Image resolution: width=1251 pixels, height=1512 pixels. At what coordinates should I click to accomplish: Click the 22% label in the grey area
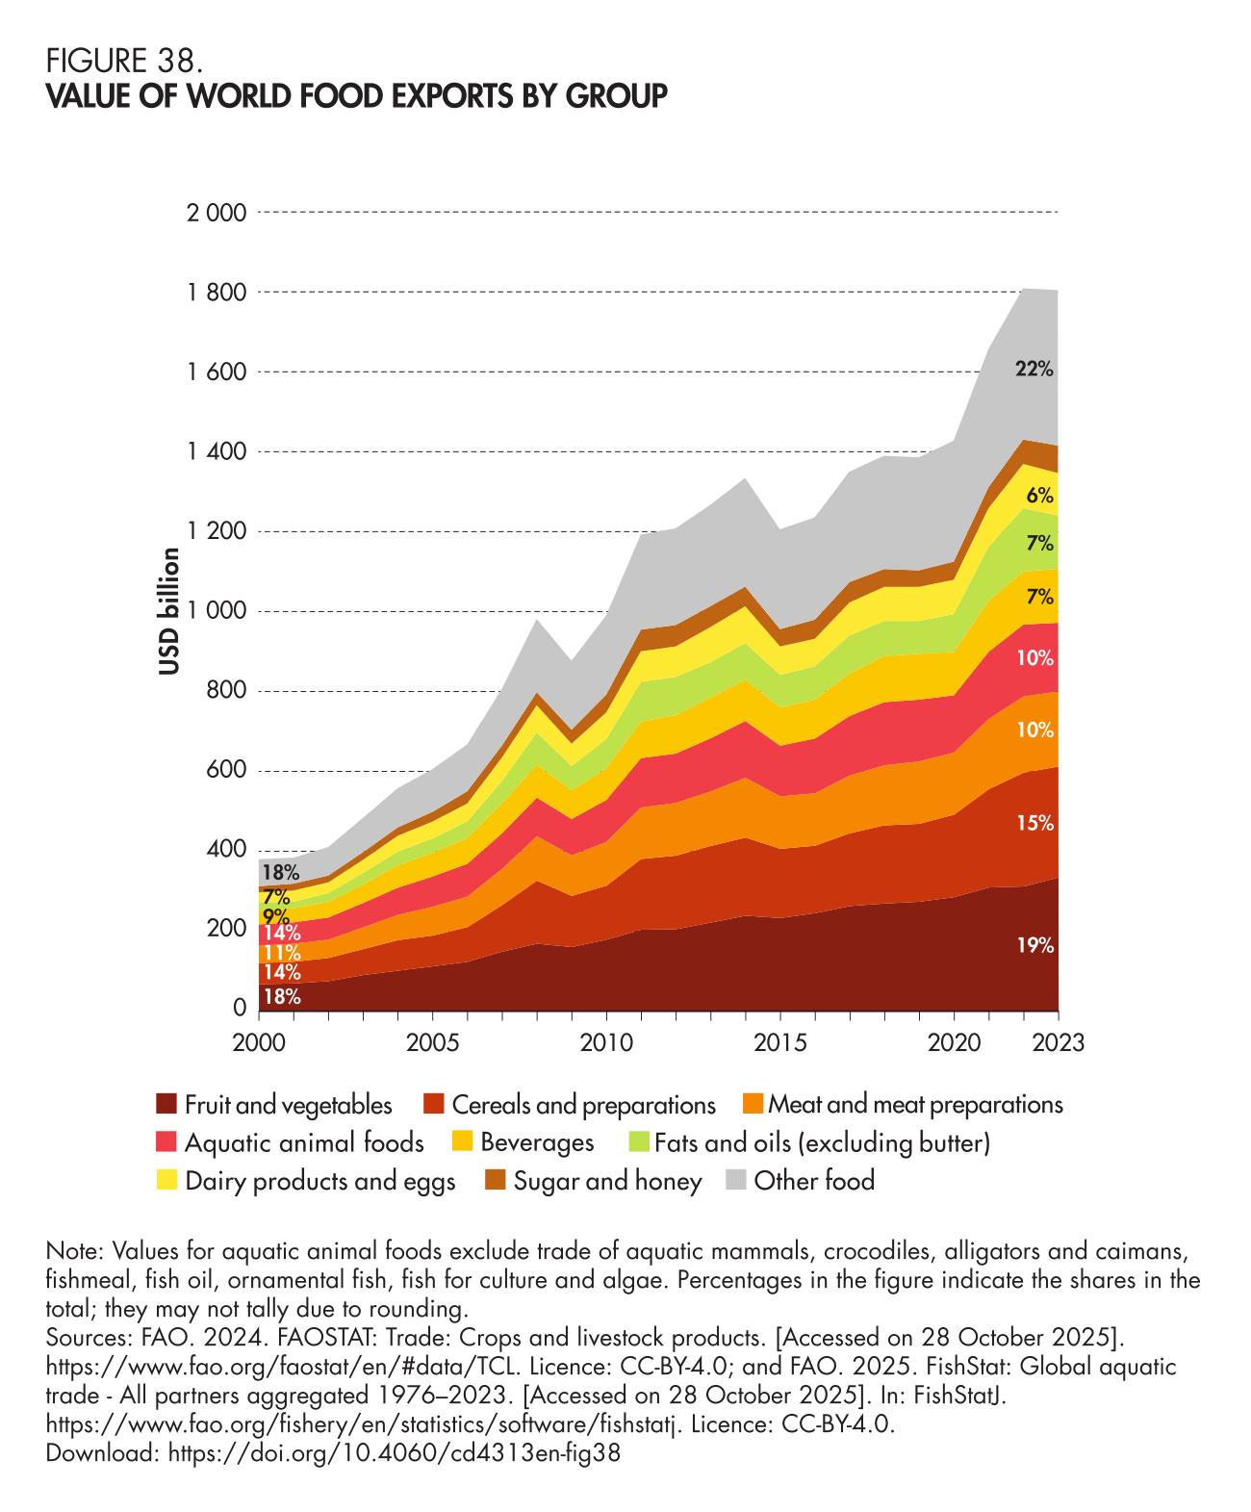1034,368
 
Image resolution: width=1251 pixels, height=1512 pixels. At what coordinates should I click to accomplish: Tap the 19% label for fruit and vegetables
1035,946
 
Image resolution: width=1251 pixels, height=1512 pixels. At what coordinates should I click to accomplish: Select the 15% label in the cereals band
1035,823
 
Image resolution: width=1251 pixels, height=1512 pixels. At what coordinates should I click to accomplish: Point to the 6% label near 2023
1039,497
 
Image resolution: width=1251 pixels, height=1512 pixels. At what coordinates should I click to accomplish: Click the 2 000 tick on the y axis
217,213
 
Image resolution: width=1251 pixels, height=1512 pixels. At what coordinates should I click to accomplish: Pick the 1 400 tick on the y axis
217,451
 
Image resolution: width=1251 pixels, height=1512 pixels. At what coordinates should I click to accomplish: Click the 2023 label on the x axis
1058,1043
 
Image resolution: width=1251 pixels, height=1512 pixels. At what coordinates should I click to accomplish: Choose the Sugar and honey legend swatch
495,1181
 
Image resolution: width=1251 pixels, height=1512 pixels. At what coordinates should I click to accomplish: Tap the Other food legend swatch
734,1181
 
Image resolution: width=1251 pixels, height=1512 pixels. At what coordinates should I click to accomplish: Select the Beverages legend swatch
462,1143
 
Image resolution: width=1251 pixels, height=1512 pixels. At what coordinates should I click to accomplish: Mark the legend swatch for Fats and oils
636,1143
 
